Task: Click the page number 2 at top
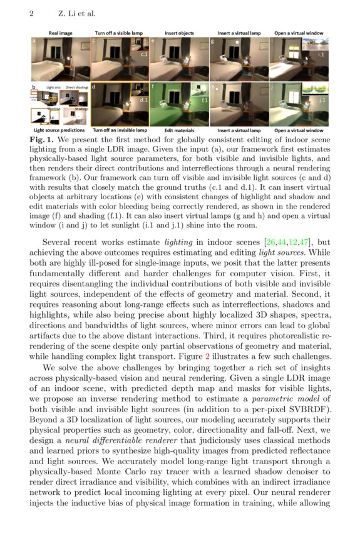click(31, 13)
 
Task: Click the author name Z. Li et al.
click(75, 13)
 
